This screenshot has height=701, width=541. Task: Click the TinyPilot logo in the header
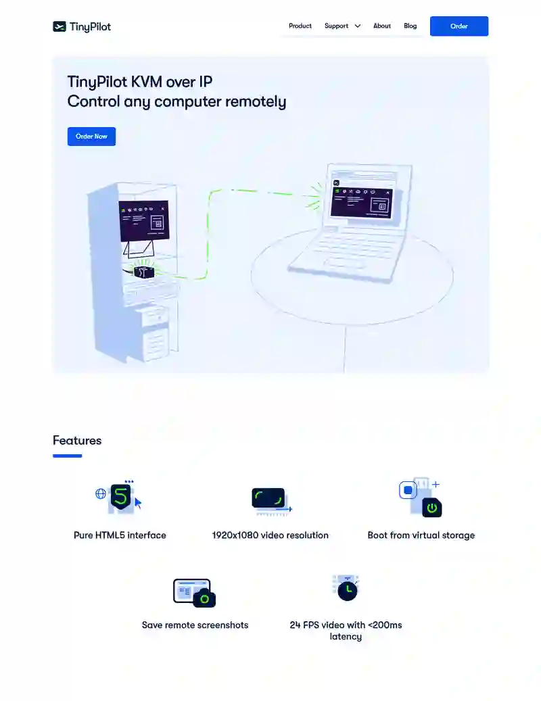click(x=82, y=27)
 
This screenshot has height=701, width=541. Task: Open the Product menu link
click(x=300, y=26)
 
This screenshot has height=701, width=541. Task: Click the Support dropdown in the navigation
click(x=342, y=26)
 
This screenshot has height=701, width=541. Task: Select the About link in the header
click(x=382, y=26)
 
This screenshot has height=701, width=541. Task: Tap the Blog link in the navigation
click(x=410, y=26)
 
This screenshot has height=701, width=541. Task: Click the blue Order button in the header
click(x=459, y=26)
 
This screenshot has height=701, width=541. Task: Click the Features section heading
click(x=77, y=441)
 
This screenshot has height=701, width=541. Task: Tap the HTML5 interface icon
click(x=120, y=497)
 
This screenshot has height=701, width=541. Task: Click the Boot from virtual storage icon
click(x=421, y=498)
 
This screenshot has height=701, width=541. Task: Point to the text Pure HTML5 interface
click(x=120, y=535)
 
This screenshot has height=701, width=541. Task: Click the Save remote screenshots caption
click(x=195, y=625)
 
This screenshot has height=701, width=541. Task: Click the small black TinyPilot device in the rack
click(x=143, y=271)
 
